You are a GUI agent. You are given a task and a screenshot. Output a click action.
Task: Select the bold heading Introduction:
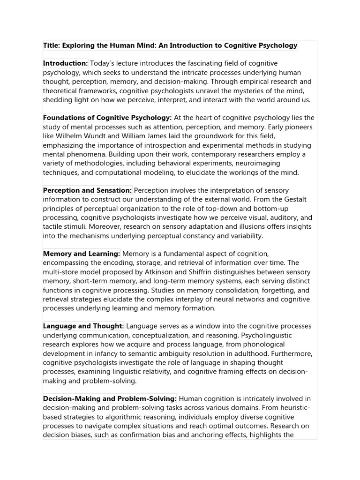click(66, 63)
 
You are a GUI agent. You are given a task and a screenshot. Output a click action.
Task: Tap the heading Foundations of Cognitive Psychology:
click(107, 118)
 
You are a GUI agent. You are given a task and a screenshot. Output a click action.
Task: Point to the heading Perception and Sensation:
click(87, 190)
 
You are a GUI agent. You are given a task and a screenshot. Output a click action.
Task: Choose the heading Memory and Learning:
click(82, 254)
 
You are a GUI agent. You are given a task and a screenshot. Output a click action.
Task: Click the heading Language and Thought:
click(83, 326)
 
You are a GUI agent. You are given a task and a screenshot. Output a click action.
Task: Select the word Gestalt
click(293, 200)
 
